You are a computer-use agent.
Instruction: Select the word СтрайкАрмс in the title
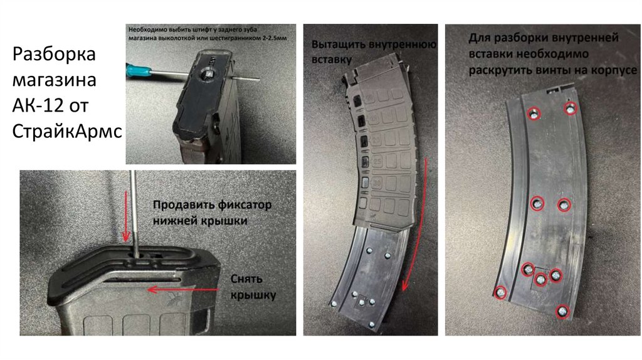click(x=67, y=132)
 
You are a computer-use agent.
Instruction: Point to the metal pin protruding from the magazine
click(x=246, y=78)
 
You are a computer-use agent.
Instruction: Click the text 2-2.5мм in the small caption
click(x=275, y=38)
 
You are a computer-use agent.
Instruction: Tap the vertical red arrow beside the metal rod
click(x=125, y=220)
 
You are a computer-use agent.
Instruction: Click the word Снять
click(x=246, y=279)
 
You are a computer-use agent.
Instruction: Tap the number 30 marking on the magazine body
click(x=376, y=183)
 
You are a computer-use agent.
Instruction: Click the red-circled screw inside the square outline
click(x=540, y=280)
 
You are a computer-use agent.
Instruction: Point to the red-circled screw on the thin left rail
click(x=500, y=292)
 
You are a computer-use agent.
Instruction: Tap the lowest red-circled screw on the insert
click(x=562, y=312)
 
